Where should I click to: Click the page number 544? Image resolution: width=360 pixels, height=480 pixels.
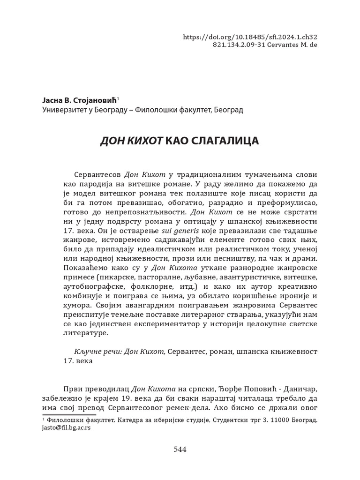[x=180, y=450]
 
